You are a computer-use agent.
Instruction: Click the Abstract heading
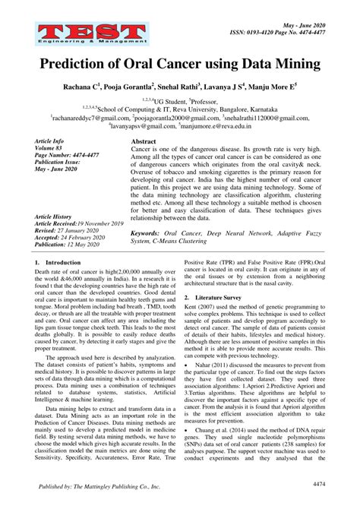coord(144,142)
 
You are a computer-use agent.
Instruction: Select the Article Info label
coord(52,142)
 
